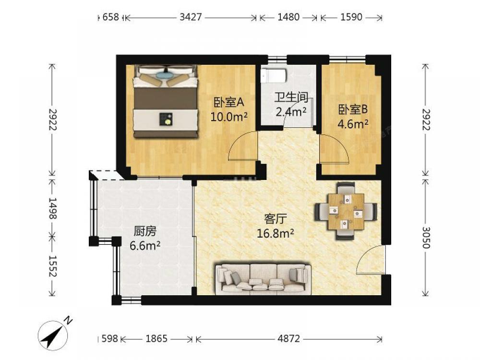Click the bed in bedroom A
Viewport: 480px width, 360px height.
(165, 101)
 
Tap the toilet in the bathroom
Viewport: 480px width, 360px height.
(274, 75)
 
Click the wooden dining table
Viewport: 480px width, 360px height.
(346, 212)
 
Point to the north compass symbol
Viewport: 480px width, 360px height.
(54, 334)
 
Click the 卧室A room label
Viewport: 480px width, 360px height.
(228, 102)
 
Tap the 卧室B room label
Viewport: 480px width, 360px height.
(353, 109)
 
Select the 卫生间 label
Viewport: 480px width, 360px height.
(291, 97)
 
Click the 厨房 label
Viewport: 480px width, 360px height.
(145, 231)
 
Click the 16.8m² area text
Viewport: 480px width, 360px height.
(275, 234)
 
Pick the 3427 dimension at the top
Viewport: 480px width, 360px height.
(191, 17)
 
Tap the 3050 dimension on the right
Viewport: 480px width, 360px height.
(426, 238)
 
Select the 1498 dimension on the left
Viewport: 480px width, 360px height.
(52, 208)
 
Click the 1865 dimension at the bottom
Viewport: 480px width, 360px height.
(156, 338)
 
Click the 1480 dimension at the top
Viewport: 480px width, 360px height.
(288, 17)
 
